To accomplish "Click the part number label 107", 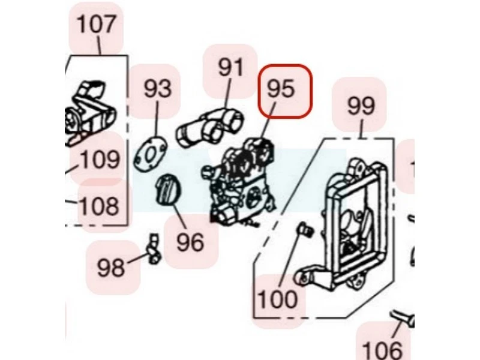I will pos(96,25).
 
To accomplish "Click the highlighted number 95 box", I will pos(285,90).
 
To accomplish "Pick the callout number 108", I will pos(100,206).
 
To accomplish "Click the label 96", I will pos(190,242).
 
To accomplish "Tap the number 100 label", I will pos(277,298).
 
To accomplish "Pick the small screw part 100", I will pos(304,227).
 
